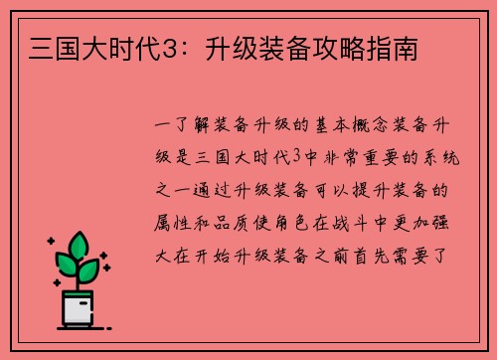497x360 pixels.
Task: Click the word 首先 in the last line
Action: [386, 251]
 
